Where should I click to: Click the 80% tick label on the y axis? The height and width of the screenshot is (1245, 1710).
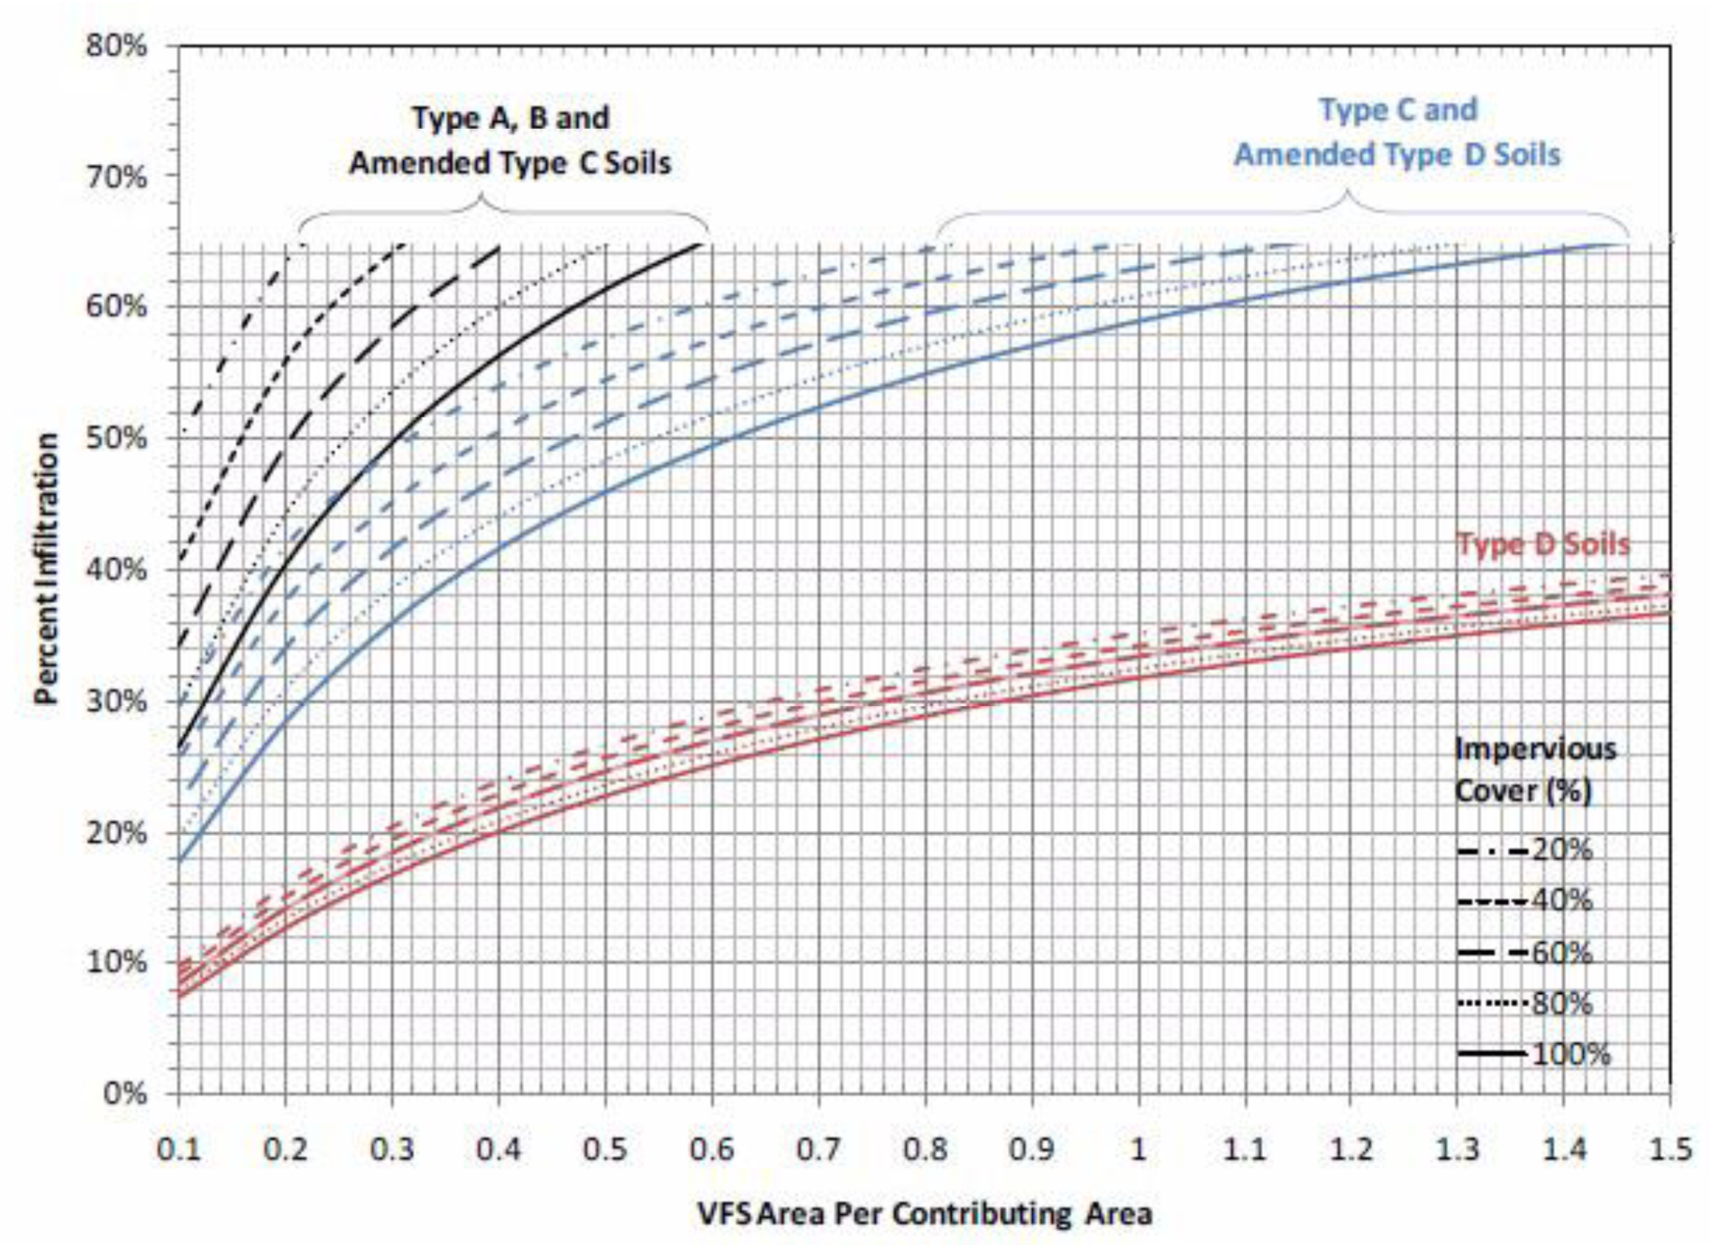click(116, 45)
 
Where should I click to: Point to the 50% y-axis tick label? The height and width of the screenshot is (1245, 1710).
click(116, 438)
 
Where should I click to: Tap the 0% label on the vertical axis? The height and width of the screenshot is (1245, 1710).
click(124, 1094)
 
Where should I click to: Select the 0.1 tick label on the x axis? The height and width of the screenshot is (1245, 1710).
click(178, 1149)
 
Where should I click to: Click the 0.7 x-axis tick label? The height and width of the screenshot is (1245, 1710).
click(818, 1149)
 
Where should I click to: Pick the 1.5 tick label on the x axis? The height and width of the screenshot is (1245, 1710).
click(1670, 1149)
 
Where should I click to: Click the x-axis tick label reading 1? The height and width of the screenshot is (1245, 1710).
click(1138, 1149)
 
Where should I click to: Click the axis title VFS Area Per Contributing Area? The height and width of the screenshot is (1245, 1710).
click(924, 1213)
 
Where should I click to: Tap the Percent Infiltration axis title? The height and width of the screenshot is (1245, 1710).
click(46, 568)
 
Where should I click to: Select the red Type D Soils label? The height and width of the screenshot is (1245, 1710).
click(1543, 544)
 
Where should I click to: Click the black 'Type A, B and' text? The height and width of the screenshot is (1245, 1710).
click(510, 118)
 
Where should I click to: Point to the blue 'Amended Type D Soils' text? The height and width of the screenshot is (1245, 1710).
click(1396, 154)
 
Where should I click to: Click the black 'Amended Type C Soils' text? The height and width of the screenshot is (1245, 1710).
click(510, 163)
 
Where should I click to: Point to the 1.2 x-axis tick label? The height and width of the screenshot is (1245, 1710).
click(1350, 1149)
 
